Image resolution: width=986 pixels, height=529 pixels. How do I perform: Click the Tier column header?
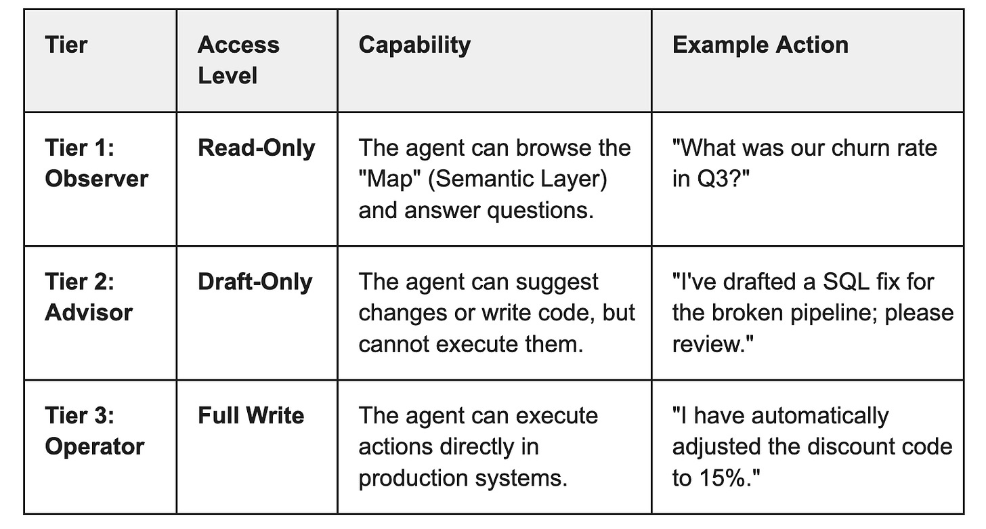66,45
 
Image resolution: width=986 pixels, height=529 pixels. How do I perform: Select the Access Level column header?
238,60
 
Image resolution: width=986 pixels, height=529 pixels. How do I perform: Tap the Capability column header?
414,45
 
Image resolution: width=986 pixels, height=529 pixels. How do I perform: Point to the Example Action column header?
760,45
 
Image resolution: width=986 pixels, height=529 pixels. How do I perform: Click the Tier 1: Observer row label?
95,163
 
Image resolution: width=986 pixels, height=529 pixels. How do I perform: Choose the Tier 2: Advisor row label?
89,297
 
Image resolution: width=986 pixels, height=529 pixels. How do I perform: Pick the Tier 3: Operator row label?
94,431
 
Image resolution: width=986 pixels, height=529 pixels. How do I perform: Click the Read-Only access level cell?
256,148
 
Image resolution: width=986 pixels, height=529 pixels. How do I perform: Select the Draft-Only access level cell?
255,282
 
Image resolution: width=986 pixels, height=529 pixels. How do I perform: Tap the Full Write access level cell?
251,415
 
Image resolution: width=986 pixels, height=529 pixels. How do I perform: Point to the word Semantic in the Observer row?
480,179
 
